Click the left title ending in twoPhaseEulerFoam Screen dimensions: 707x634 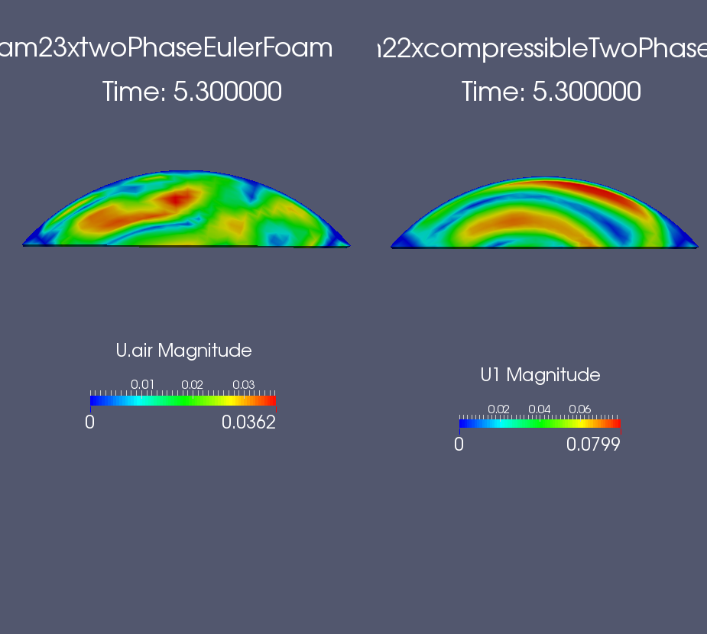click(x=166, y=48)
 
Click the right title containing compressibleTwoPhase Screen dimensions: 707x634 click(x=542, y=49)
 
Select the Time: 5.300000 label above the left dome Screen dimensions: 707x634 click(x=192, y=92)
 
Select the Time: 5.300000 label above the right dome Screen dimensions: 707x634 click(x=551, y=92)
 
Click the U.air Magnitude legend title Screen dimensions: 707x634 click(x=183, y=351)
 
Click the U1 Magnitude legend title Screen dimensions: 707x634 click(x=540, y=375)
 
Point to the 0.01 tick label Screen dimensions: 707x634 click(x=142, y=384)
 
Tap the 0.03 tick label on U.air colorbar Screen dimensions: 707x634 click(x=244, y=384)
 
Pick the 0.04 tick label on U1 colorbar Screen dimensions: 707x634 click(x=540, y=409)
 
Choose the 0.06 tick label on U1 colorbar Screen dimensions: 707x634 click(x=580, y=409)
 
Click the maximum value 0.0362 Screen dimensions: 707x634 click(x=248, y=422)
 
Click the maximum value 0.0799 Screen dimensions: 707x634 click(x=593, y=445)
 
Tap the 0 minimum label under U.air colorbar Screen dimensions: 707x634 click(x=89, y=422)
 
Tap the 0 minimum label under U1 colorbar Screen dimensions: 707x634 click(x=459, y=445)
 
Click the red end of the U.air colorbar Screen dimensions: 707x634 click(x=272, y=400)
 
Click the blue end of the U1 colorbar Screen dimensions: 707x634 click(x=463, y=424)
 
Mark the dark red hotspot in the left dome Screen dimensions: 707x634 click(x=177, y=198)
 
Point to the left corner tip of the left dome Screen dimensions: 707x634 click(x=22, y=245)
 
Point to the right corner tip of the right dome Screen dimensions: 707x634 click(x=698, y=247)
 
